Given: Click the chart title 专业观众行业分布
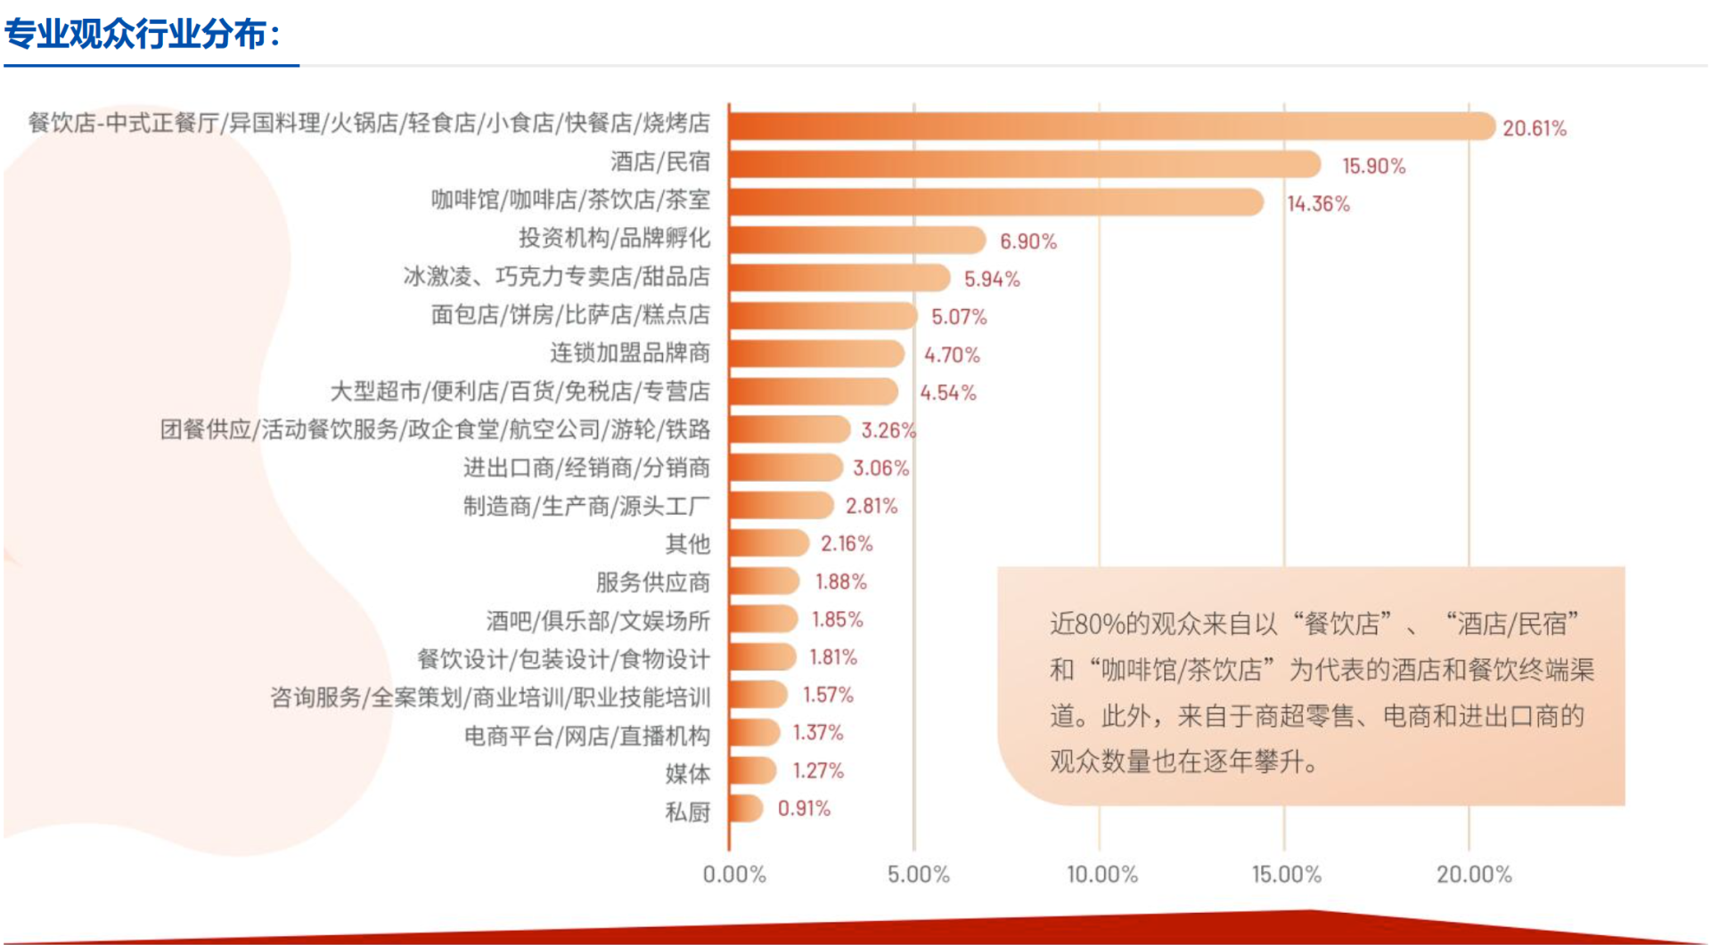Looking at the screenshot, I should [x=143, y=35].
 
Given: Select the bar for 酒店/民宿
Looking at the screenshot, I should [x=1025, y=165].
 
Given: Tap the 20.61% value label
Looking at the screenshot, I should [x=1534, y=128].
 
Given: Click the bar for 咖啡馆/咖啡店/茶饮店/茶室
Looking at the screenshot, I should [x=996, y=202].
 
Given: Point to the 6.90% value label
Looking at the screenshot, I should [x=1027, y=241].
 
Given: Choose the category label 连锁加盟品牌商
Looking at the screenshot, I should [x=629, y=354].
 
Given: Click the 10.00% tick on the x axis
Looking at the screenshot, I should [x=1102, y=875].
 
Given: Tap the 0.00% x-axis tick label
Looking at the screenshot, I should [x=734, y=875].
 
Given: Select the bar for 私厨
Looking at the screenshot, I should [x=746, y=809].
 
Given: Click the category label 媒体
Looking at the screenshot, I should [x=687, y=773].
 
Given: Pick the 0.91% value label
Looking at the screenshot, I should [x=804, y=809].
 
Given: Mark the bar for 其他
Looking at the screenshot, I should [x=768, y=543].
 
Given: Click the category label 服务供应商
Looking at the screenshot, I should [x=652, y=582].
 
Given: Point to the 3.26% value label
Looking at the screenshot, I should [x=888, y=431].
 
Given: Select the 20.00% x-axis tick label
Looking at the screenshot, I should [x=1473, y=875].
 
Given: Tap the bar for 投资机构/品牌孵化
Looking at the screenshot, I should [x=857, y=240].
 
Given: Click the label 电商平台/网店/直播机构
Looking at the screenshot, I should [x=586, y=736].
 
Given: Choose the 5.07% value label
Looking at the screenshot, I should [x=959, y=317].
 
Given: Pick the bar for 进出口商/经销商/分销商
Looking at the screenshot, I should [x=785, y=468].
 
